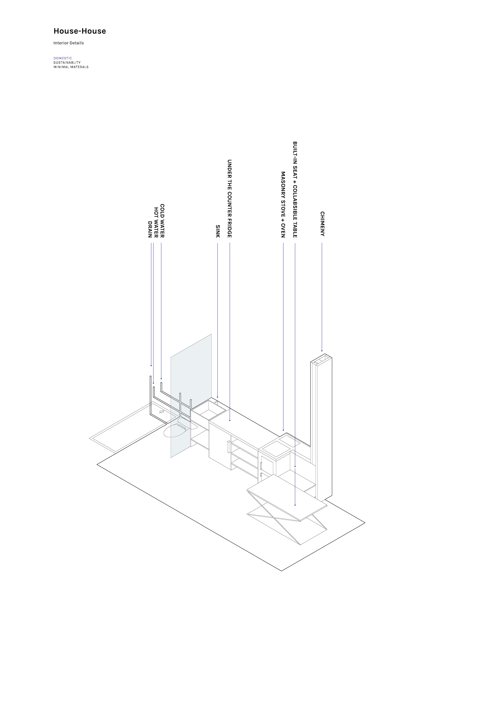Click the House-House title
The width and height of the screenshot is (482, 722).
pos(80,31)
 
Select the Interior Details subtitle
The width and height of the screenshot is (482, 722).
pos(69,43)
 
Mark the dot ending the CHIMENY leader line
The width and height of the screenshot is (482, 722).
pos(322,351)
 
